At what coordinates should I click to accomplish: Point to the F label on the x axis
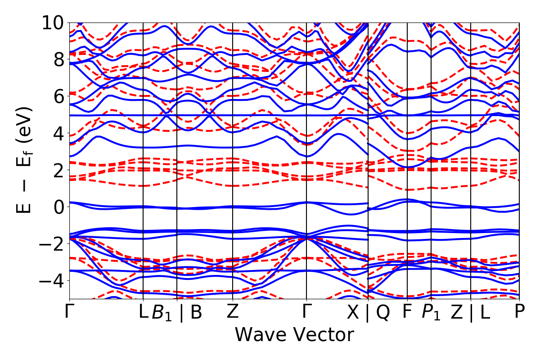(x=407, y=312)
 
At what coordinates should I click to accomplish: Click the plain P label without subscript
(x=520, y=312)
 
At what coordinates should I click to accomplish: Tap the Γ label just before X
(x=306, y=312)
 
